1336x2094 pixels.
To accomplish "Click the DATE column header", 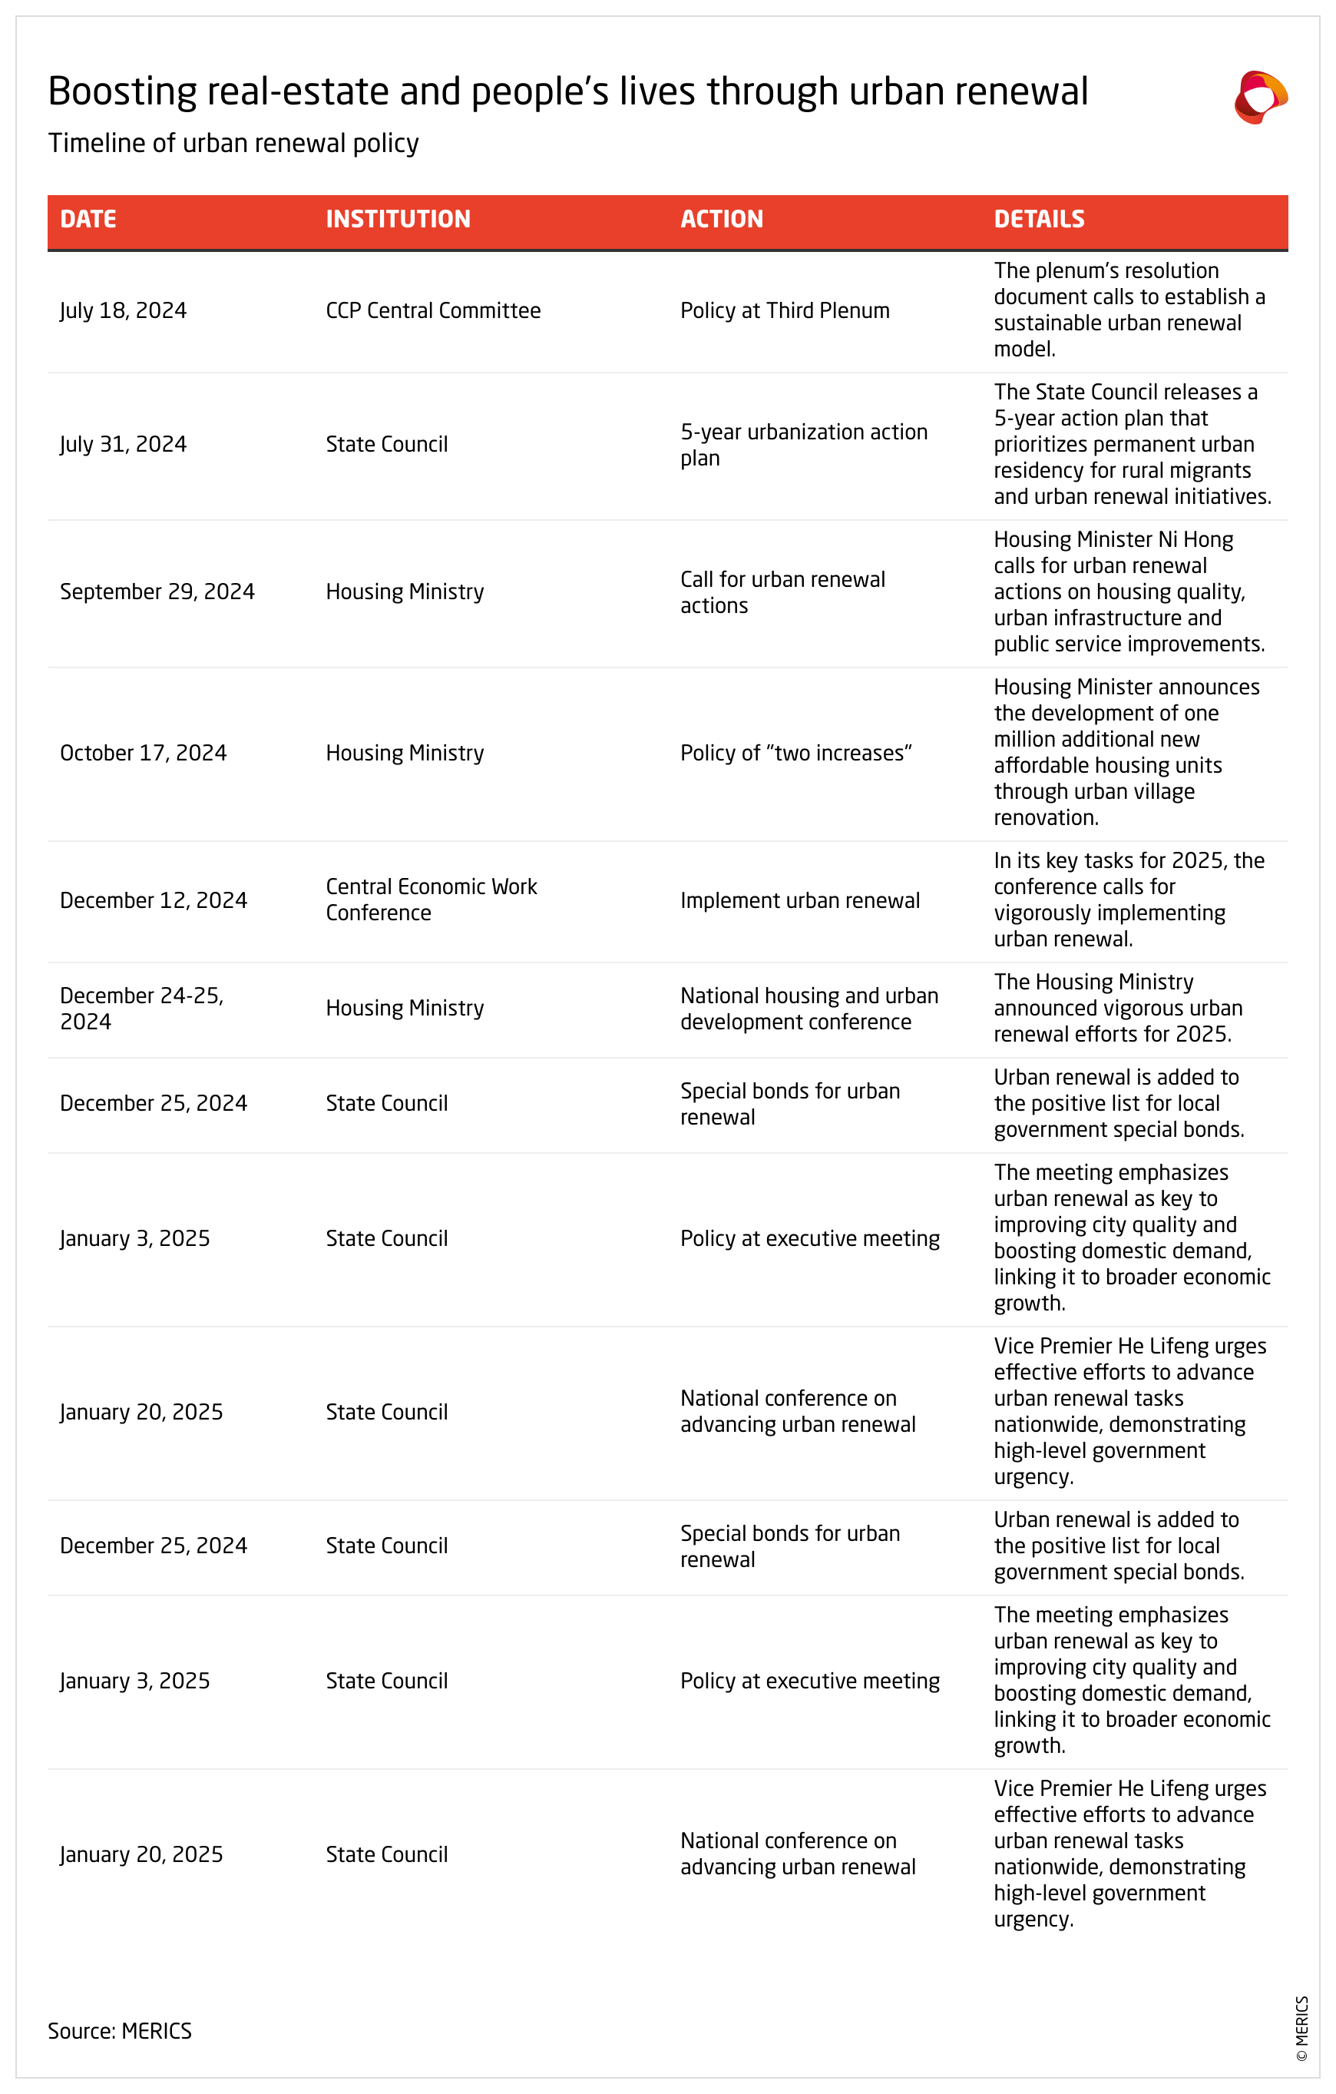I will click(x=88, y=219).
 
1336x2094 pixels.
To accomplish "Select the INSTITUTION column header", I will click(x=398, y=219).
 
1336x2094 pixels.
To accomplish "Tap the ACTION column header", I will click(x=722, y=219).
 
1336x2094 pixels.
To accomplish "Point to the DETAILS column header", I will click(x=1039, y=219).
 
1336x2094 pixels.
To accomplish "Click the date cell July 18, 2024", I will click(x=124, y=310).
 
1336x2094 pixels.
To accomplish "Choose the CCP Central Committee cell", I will click(x=433, y=310).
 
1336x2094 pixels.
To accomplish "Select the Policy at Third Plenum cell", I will click(x=785, y=310).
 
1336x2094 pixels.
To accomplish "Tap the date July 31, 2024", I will click(x=124, y=444).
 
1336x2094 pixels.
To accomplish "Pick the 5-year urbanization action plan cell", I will click(x=803, y=444).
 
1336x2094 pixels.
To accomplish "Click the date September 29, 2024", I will click(x=157, y=591).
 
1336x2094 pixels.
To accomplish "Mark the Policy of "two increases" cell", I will click(x=795, y=753).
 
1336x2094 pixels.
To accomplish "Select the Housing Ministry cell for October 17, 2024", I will click(x=404, y=753).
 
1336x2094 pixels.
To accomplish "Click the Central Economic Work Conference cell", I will click(x=432, y=900).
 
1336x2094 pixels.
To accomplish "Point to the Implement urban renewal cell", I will click(x=800, y=900).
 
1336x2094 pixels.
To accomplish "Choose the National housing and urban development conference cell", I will click(x=809, y=1008).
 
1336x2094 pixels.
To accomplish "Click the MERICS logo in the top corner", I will click(x=1261, y=97).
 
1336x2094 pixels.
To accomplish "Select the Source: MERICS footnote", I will click(x=120, y=2030).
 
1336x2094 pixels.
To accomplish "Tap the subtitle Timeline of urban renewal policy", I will click(x=233, y=143).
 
